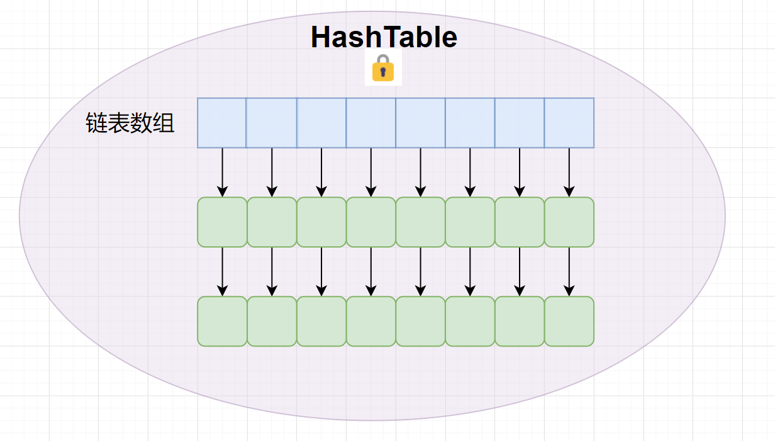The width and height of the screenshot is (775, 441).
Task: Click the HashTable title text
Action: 384,37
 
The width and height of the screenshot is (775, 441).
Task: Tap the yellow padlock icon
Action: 382,69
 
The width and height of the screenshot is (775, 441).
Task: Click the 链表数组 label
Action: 130,123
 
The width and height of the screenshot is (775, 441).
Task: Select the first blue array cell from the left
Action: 221,123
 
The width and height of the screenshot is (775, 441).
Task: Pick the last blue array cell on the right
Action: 569,123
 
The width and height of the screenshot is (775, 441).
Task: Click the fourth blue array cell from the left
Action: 371,123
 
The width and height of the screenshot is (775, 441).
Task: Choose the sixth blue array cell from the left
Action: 470,123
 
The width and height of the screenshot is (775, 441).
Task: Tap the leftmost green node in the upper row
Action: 222,222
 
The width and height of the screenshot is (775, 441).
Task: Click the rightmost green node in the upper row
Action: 569,222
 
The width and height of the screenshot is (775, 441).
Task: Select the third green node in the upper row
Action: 321,222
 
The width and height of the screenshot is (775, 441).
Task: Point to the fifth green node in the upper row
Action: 421,222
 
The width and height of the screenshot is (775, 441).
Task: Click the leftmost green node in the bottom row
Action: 222,321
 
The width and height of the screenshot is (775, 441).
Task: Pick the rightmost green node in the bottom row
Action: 569,321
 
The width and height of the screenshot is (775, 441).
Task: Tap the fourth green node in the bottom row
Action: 371,321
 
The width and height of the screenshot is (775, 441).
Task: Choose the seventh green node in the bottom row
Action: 520,321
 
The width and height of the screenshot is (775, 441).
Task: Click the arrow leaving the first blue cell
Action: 222,172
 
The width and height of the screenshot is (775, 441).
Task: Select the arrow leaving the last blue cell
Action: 569,172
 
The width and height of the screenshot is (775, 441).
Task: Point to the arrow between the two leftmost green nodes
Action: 222,272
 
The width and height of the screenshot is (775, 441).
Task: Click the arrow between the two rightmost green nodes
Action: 569,272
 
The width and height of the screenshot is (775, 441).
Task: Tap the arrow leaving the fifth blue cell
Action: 421,172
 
